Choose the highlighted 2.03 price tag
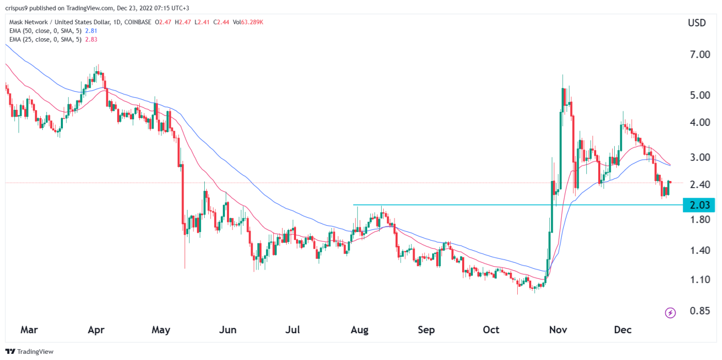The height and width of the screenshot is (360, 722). tap(699, 205)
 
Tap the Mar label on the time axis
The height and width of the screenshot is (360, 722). tap(29, 330)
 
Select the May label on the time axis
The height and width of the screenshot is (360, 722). tap(161, 330)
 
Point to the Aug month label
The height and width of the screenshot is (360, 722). tap(359, 330)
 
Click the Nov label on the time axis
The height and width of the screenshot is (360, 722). tap(557, 330)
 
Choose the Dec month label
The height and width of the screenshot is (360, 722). tap(623, 330)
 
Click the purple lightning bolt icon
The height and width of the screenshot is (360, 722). tap(670, 313)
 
